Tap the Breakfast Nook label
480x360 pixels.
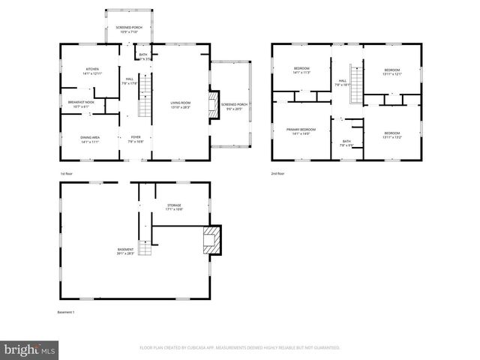click(79, 105)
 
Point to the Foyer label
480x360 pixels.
click(136, 139)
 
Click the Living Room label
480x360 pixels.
click(181, 106)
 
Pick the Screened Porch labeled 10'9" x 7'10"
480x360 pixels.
click(130, 30)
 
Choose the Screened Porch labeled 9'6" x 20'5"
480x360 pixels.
click(233, 106)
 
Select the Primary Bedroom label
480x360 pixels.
click(301, 131)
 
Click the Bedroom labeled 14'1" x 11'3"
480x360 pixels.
click(301, 72)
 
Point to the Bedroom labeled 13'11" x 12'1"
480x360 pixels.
click(392, 72)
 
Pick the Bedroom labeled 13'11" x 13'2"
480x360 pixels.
click(392, 136)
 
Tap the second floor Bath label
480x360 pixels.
click(346, 142)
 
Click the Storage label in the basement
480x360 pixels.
click(174, 207)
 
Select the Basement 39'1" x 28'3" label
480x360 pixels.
click(124, 251)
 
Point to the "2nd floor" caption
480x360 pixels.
click(278, 173)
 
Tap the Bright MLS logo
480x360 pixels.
click(30, 349)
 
